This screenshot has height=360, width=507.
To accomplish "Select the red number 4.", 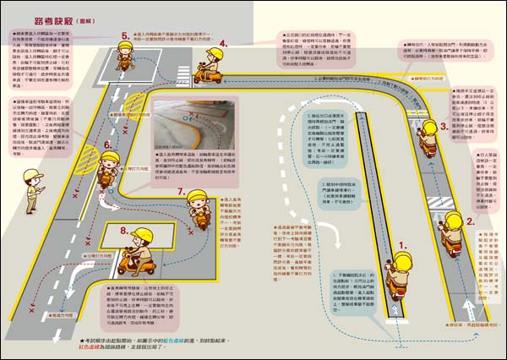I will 222,43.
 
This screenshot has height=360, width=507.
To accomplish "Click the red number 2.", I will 471,223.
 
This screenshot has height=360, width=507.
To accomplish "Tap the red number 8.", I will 124,230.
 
